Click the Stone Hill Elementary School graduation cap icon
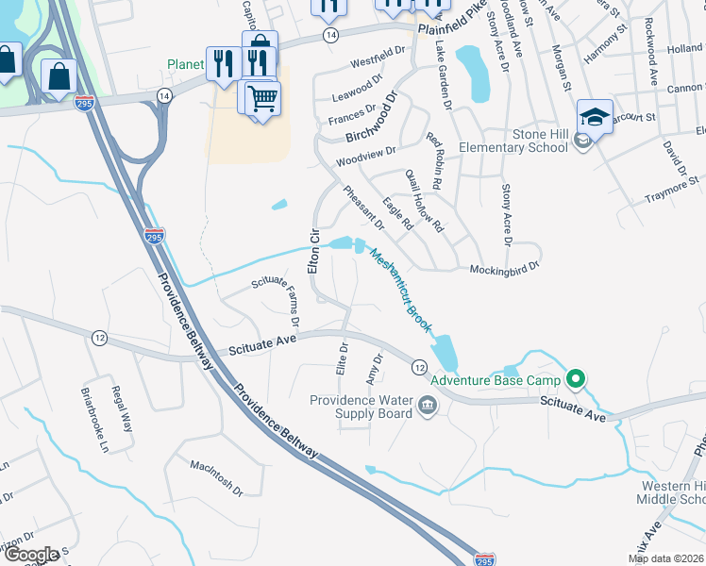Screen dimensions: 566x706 tap(595, 118)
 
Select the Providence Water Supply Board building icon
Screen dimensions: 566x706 tap(427, 407)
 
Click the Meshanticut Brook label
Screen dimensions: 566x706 tap(402, 290)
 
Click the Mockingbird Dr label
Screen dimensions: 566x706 tap(504, 268)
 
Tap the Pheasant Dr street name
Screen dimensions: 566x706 tap(364, 208)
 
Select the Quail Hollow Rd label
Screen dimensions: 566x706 tap(424, 201)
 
